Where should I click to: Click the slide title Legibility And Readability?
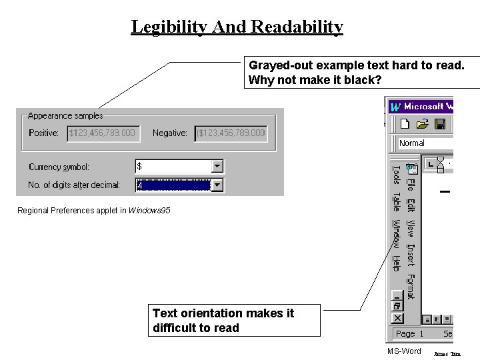pos(237,27)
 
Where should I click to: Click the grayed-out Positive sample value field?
pos(103,133)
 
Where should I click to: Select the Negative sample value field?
pos(231,133)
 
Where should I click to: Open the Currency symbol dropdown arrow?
pos(217,166)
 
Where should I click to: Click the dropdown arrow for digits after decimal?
pos(217,185)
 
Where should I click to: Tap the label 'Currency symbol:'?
pos(59,167)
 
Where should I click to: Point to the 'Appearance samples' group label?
pos(65,116)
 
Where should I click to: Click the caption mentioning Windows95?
pos(93,211)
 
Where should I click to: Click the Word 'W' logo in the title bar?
pos(395,107)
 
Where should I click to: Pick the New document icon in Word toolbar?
pos(405,124)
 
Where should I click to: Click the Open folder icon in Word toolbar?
pos(422,124)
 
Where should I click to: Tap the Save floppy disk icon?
pos(440,124)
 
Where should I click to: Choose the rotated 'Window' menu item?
pos(395,234)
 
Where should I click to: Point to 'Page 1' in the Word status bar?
pos(409,333)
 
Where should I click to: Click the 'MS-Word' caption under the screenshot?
pos(404,351)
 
